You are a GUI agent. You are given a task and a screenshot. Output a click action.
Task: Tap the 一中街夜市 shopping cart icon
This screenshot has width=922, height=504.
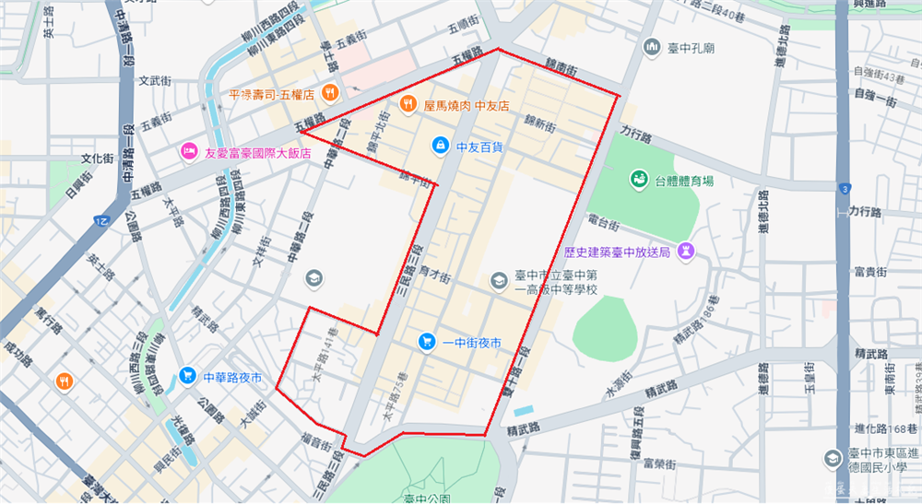(425, 341)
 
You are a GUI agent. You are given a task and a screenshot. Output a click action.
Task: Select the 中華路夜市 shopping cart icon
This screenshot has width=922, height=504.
(187, 375)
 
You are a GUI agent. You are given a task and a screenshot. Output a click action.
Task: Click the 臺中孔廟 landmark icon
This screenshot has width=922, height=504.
(653, 46)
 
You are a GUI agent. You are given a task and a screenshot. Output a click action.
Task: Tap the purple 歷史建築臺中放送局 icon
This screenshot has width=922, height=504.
(686, 250)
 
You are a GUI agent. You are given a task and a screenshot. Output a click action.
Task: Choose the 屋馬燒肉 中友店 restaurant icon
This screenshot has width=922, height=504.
(407, 104)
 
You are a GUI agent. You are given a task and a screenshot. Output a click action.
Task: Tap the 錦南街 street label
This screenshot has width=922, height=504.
(560, 69)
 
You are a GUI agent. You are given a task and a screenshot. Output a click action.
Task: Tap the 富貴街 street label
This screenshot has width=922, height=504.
(870, 272)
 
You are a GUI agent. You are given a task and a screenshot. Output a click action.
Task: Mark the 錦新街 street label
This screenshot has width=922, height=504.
(540, 123)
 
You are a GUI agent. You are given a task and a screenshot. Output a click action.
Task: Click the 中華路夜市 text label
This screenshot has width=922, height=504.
(232, 377)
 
